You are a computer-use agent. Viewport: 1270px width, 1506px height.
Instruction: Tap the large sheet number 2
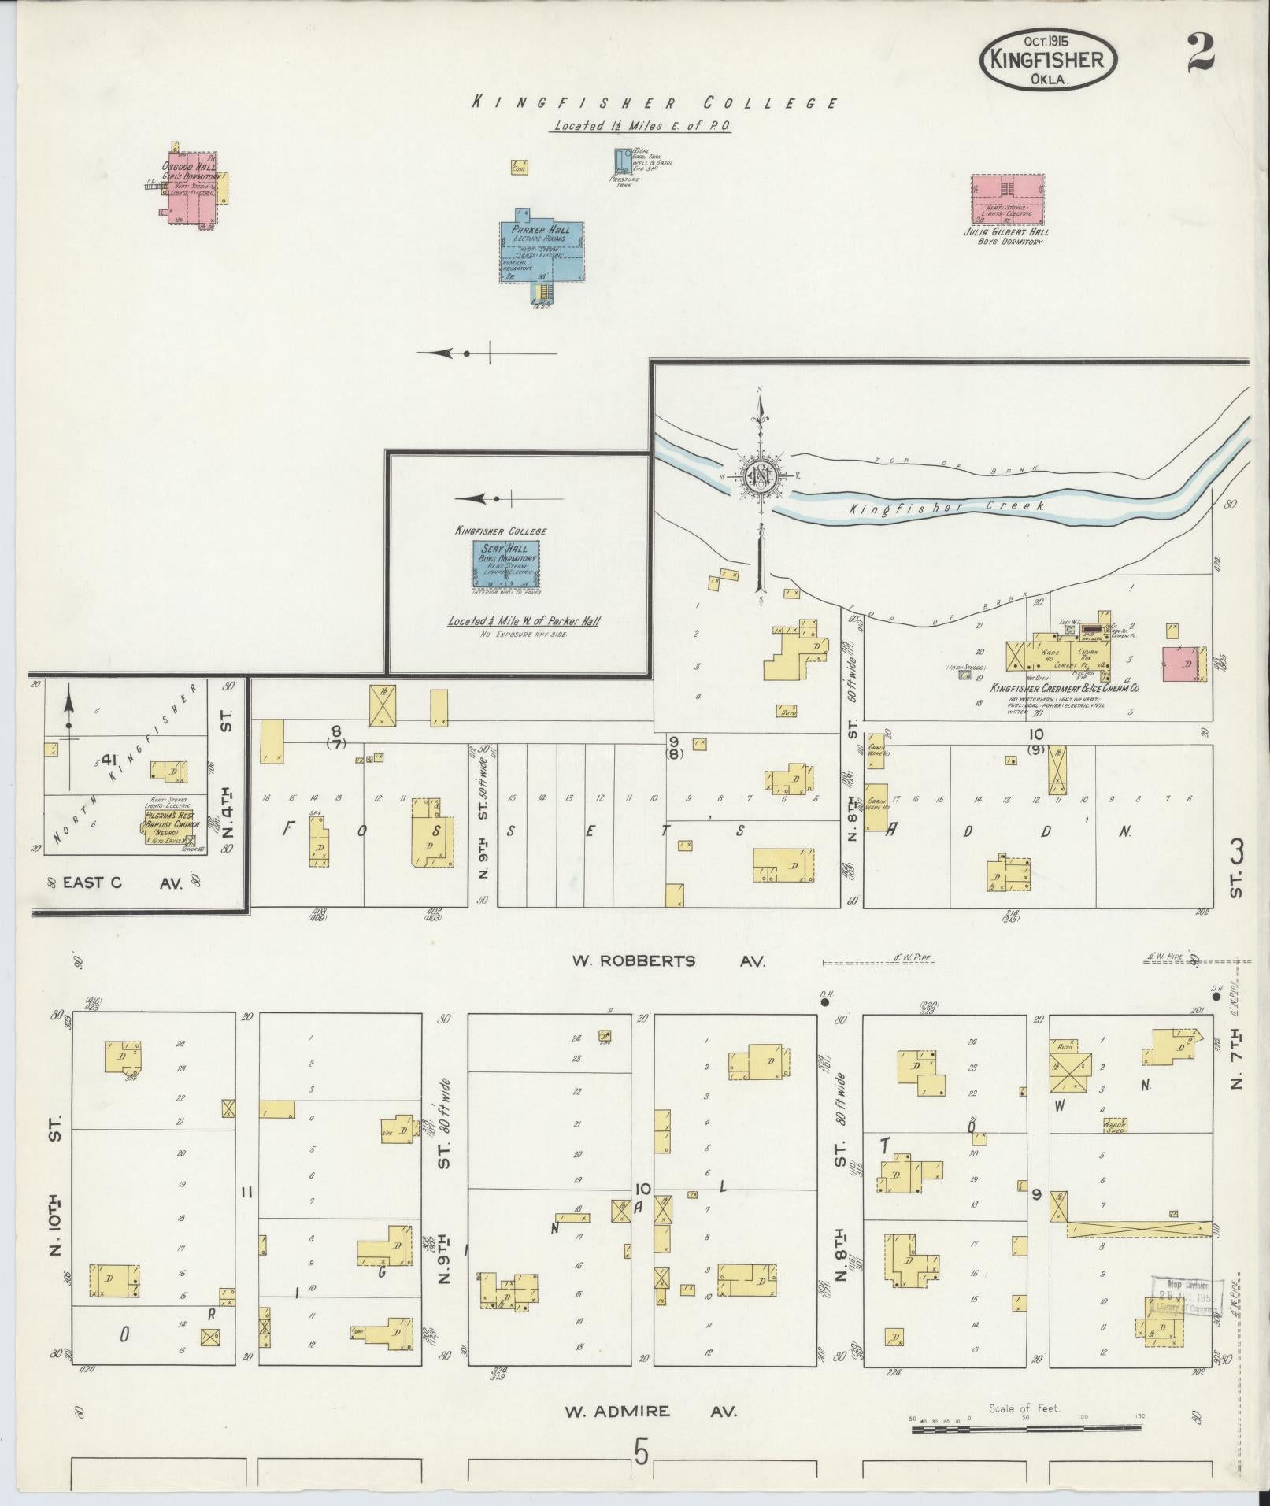coord(1200,54)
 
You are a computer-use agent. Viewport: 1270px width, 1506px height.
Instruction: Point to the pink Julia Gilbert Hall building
coord(1007,200)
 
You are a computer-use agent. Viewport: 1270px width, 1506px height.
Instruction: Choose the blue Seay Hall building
coord(505,564)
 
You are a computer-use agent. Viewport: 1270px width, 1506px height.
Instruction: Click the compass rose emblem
coord(761,479)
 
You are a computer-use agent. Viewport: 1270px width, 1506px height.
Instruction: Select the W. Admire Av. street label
coord(650,1411)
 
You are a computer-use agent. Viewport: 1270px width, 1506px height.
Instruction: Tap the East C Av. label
coord(123,883)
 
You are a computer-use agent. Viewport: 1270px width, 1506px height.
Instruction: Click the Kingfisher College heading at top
coord(653,103)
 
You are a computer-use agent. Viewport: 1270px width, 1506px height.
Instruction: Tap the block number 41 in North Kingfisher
coord(109,760)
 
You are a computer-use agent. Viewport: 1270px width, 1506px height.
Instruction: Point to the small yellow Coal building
coord(519,167)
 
